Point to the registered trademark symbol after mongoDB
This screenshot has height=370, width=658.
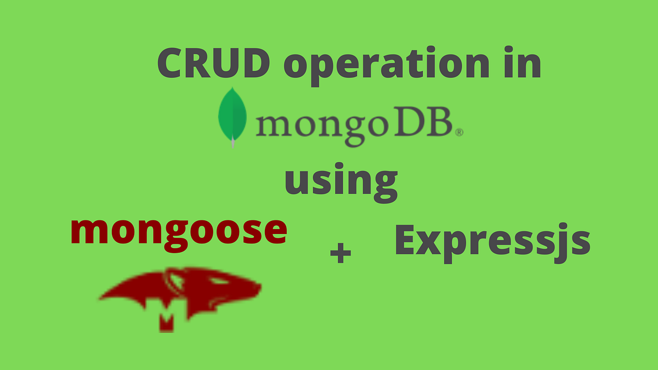pos(460,132)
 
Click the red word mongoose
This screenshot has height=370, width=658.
pos(179,231)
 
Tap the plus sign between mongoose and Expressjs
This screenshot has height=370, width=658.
pos(340,254)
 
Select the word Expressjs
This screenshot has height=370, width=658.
pos(492,241)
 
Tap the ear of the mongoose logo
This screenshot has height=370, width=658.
pos(177,281)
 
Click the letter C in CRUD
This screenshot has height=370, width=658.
pos(174,64)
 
